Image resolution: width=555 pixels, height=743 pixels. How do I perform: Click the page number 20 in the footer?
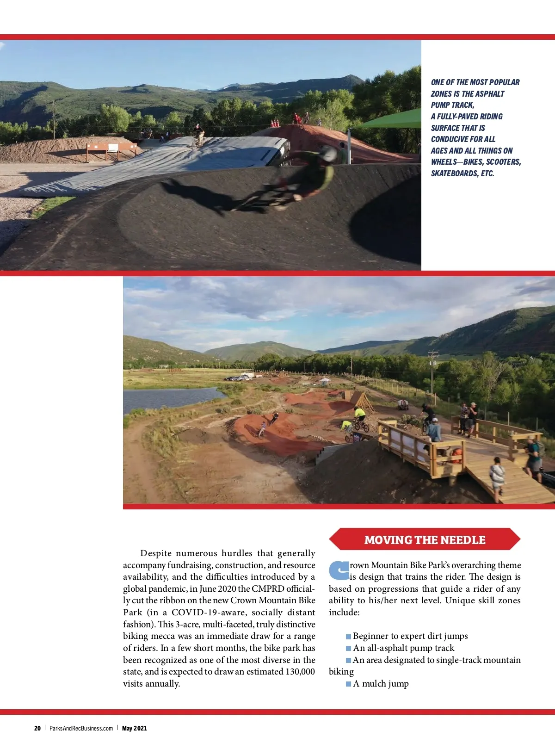coord(37,728)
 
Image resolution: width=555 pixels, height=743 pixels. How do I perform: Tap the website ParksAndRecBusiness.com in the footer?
coord(81,728)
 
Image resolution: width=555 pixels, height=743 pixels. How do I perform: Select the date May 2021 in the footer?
coord(135,728)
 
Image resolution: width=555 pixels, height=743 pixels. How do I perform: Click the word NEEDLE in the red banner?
coord(463,540)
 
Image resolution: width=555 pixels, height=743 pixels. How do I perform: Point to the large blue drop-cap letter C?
coord(339,570)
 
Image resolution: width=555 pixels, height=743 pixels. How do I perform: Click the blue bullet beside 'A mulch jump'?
coord(348,684)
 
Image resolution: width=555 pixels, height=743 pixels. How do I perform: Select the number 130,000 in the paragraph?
coord(300,672)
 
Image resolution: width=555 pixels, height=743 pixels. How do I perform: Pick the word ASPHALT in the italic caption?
coord(490,94)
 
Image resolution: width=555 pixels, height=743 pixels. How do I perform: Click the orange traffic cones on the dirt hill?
coord(275,124)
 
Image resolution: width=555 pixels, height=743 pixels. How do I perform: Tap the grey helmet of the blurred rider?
coord(328,153)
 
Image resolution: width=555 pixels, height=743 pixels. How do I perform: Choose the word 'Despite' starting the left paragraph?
coord(156,553)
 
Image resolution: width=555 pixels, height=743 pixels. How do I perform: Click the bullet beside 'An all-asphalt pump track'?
coord(348,649)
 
